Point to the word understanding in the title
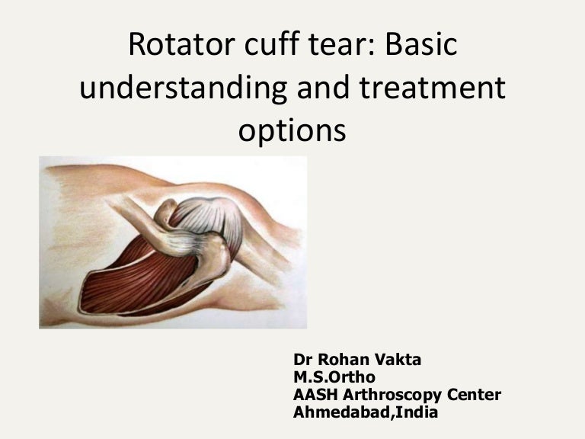tap(182, 90)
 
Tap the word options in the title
tap(292, 132)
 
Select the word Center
tap(469, 395)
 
